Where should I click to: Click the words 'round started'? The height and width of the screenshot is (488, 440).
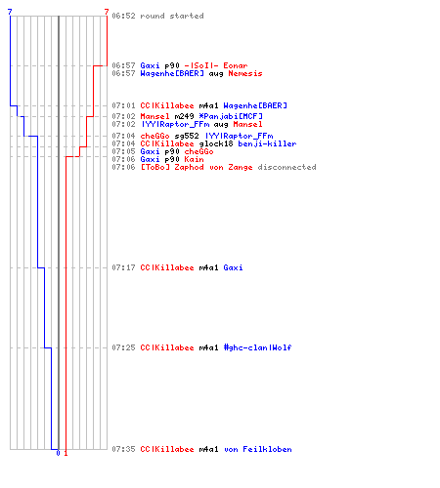click(x=172, y=16)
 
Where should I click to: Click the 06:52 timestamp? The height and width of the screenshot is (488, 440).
click(x=123, y=16)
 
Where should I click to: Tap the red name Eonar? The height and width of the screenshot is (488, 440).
click(x=236, y=65)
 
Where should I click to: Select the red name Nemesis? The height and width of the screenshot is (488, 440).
click(x=245, y=73)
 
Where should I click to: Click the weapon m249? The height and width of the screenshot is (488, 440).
click(x=184, y=116)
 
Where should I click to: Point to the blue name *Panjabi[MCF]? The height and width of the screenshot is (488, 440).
click(x=231, y=116)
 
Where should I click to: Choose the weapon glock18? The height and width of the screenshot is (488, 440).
click(x=216, y=143)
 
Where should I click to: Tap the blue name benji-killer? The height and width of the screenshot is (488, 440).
click(x=267, y=143)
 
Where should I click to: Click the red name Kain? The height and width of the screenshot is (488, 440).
click(x=194, y=159)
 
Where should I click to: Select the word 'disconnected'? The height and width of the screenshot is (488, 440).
click(x=286, y=167)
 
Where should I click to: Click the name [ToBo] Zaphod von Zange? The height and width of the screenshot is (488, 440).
click(x=197, y=167)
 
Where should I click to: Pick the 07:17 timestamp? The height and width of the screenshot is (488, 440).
click(x=123, y=267)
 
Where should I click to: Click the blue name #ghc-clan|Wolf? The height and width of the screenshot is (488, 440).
click(x=257, y=347)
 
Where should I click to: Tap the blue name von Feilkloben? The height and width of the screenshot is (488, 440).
click(x=257, y=449)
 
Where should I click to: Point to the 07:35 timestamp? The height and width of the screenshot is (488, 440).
click(x=123, y=449)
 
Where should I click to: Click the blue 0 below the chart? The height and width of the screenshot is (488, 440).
click(x=58, y=453)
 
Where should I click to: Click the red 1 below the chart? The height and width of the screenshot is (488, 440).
click(x=66, y=453)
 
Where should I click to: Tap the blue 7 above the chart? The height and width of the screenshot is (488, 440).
click(x=10, y=12)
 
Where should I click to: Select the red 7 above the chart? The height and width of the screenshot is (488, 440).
click(x=107, y=12)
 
